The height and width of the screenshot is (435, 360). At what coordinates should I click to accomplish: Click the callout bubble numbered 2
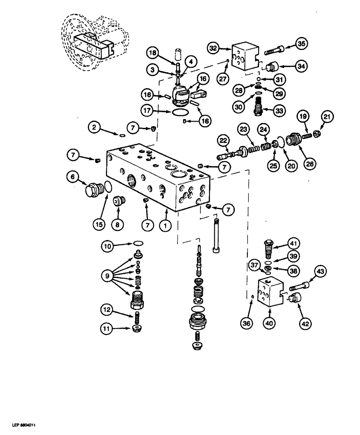pos(93,127)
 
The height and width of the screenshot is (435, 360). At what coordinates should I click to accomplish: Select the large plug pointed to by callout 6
pos(93,191)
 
